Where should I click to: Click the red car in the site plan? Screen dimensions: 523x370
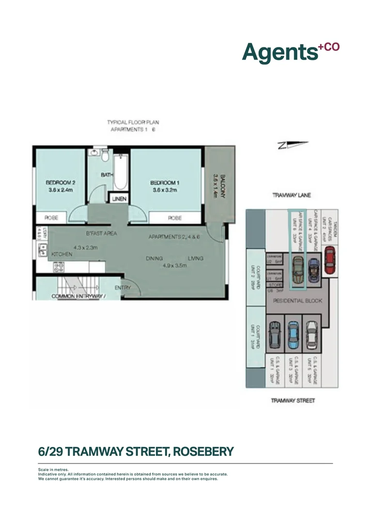point(329,261)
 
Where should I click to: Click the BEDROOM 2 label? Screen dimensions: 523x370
point(61,183)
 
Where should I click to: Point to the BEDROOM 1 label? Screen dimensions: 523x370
point(165,183)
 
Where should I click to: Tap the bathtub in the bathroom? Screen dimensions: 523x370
point(121,172)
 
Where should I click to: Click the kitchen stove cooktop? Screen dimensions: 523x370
point(59,266)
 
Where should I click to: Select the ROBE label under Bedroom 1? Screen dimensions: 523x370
point(175,218)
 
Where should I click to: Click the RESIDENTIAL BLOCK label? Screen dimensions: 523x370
point(298,301)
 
